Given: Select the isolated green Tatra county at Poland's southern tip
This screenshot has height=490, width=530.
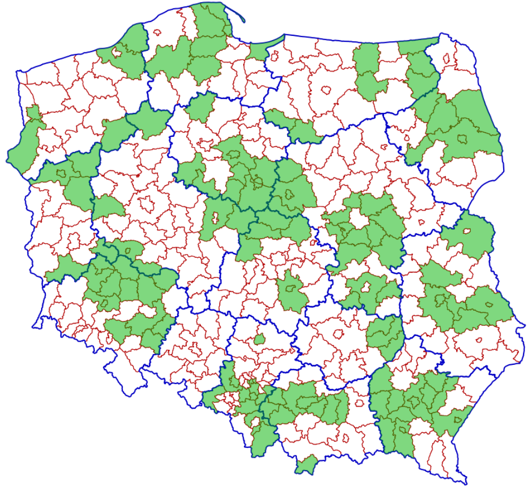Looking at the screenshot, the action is [305, 464].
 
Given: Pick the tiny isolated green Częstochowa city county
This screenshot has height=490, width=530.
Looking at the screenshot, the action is [259, 339].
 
